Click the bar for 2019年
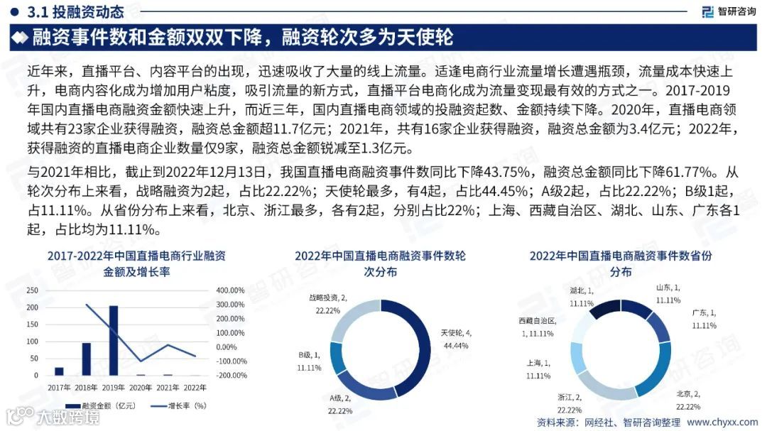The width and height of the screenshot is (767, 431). click(x=113, y=340)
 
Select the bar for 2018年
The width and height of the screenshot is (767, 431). click(x=86, y=359)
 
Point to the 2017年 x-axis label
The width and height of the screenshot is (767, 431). click(x=59, y=387)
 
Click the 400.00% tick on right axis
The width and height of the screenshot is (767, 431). click(x=231, y=290)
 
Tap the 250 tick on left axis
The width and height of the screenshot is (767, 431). click(x=32, y=290)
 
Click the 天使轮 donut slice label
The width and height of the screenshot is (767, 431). click(x=456, y=339)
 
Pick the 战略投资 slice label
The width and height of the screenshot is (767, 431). click(x=327, y=304)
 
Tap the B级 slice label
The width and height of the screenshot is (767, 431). click(x=310, y=361)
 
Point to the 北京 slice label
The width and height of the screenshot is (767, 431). click(x=688, y=400)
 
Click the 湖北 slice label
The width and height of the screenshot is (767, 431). click(x=582, y=296)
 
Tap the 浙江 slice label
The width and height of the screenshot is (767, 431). click(x=570, y=403)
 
